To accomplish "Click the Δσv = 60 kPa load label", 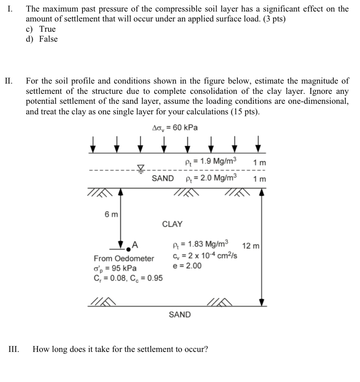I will (175, 128).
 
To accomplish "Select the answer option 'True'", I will (47, 29).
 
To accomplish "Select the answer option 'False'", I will (48, 39).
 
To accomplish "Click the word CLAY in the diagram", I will (172, 224).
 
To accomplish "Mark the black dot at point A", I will (128, 249).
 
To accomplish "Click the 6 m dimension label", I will (111, 214).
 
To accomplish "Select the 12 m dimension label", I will (251, 246).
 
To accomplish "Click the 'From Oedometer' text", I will (124, 258).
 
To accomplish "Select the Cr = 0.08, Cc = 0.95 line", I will (128, 278).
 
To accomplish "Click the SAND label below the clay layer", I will (180, 315).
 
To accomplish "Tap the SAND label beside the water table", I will (163, 178).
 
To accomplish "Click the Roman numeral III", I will (13, 349).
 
